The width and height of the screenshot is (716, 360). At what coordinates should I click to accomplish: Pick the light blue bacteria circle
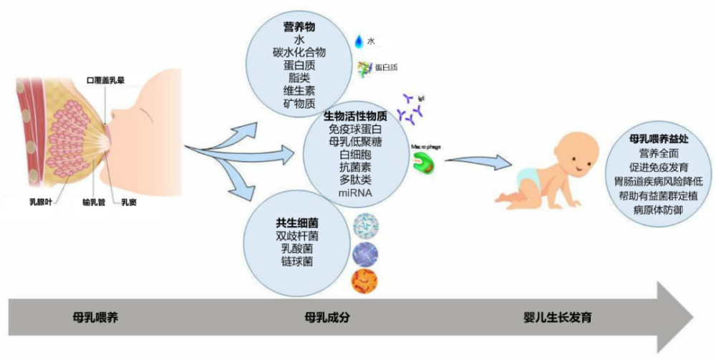click(366, 228)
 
